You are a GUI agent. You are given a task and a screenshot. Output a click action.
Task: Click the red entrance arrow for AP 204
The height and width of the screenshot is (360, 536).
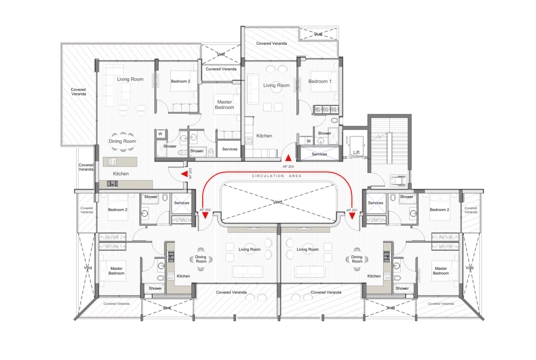pos(289,158)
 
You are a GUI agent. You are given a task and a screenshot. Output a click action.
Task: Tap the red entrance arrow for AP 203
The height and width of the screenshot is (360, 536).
pos(185,174)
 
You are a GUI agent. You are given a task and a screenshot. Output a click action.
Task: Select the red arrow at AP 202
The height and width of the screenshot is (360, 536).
pos(205,216)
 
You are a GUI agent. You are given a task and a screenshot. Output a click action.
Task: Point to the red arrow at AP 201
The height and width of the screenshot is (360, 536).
pos(352,216)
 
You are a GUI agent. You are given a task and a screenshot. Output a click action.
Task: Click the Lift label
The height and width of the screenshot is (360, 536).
pos(356,152)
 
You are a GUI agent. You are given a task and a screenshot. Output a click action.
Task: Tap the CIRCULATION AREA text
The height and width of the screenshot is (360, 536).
pos(277,176)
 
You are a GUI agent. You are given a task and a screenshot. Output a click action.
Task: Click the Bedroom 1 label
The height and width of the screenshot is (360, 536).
pos(320,81)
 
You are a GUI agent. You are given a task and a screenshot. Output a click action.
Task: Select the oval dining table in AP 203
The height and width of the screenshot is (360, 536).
pos(123,141)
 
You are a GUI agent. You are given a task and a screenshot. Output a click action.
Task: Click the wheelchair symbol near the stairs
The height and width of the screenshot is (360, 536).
pos(398,180)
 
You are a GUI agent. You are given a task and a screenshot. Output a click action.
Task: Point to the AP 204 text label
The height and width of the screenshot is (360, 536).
pos(288,167)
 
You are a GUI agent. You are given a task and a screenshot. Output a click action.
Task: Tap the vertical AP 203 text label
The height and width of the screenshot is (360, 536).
pos(190,173)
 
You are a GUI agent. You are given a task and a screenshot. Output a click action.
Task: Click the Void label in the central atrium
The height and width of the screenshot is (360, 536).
pos(277,202)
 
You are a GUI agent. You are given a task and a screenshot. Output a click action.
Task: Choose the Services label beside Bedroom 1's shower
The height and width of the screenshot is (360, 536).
pos(319,154)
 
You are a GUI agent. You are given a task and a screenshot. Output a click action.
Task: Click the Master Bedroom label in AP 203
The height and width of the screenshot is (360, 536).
pos(224,105)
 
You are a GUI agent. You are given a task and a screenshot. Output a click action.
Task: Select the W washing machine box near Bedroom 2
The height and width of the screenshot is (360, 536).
pos(160,134)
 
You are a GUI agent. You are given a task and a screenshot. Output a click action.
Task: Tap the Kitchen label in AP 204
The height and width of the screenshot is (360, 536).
pos(264,136)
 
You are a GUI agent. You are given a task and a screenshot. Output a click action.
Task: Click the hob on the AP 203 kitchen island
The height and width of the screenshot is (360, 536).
pos(112,162)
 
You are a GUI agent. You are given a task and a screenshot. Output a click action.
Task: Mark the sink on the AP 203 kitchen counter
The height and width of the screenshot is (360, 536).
pos(112,184)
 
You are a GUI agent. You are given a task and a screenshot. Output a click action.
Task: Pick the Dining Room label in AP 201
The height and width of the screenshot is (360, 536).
pos(357,259)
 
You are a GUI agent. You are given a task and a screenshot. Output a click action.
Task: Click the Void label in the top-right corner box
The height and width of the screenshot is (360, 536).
pos(318,34)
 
